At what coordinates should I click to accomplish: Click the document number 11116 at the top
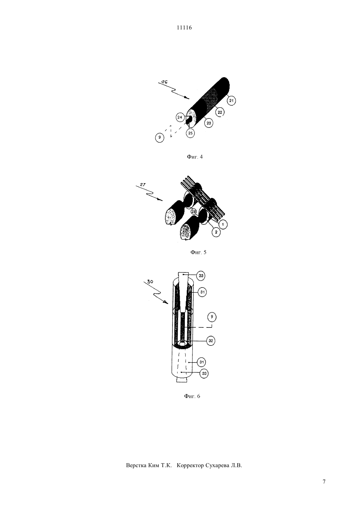point(184,28)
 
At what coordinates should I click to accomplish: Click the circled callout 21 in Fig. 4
point(231,101)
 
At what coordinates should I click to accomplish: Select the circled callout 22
point(220,112)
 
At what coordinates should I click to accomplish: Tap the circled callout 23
point(209,123)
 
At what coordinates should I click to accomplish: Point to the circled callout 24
point(180,117)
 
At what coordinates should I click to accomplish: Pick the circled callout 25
point(190,133)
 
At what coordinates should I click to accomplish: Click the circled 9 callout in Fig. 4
point(160,137)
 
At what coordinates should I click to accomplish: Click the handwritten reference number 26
point(164,82)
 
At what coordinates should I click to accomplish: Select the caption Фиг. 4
point(194,157)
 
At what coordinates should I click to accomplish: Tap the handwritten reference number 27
point(142,184)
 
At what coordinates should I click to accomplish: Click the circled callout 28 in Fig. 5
point(194,212)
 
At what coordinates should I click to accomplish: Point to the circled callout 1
point(223,225)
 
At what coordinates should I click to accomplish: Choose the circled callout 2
point(216,232)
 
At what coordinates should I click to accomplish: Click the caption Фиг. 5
point(198,252)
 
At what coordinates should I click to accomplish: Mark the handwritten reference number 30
point(150,282)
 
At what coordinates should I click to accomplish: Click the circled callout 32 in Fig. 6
point(211,341)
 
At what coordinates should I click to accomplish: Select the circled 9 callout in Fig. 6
point(212,317)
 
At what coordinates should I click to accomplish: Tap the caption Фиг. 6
point(192,396)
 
